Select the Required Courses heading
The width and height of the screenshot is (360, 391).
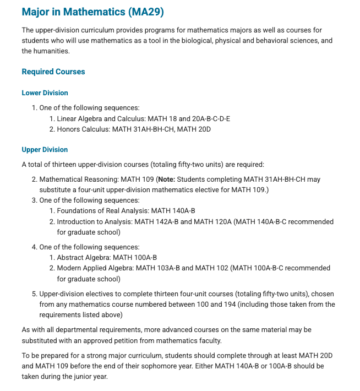[53, 72]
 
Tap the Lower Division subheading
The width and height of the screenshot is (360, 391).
[45, 93]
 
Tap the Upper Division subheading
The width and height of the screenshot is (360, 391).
[45, 149]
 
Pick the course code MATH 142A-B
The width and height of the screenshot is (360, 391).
[156, 221]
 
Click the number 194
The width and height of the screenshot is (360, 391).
[266, 304]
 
